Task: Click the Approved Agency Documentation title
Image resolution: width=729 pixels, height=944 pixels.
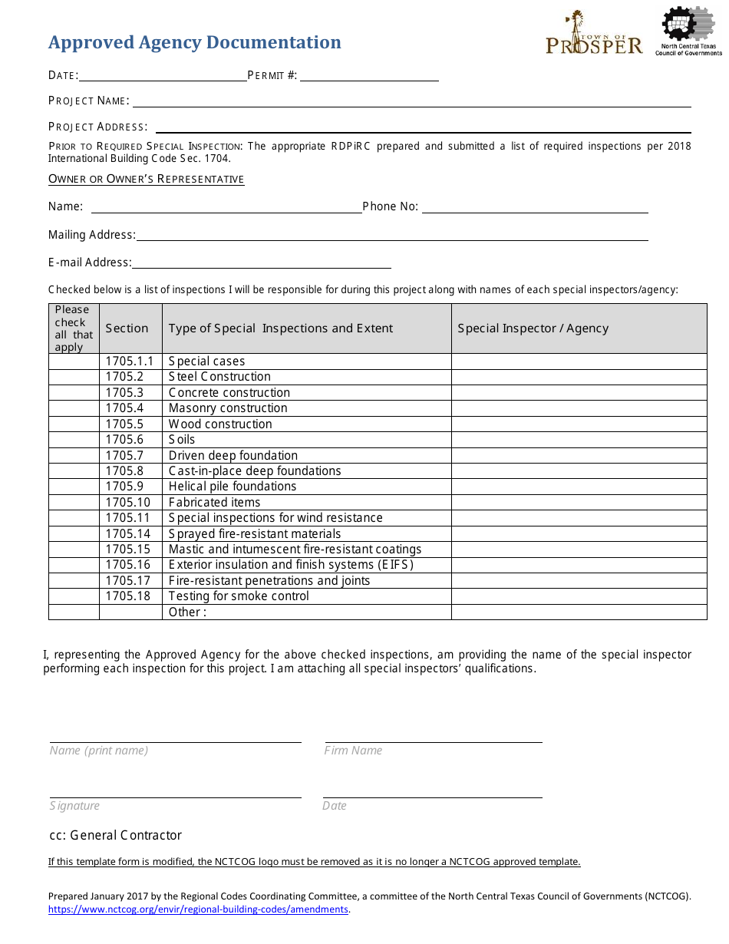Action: [x=194, y=42]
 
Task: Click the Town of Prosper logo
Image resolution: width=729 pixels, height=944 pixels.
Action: [x=594, y=34]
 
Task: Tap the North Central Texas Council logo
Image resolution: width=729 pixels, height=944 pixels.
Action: [x=688, y=31]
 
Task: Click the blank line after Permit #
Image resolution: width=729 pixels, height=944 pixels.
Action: [x=369, y=75]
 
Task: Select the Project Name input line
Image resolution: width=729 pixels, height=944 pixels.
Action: [x=411, y=101]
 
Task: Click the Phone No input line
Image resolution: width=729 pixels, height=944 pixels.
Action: [x=535, y=206]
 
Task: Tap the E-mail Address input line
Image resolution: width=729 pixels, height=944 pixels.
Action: [x=261, y=262]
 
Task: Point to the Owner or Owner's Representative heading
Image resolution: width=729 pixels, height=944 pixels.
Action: [x=146, y=179]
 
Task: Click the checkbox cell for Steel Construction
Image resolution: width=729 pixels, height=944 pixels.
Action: [x=74, y=377]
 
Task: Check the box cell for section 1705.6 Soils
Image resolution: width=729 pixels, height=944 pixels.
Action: [x=74, y=440]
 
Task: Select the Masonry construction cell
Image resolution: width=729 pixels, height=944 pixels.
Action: [x=228, y=408]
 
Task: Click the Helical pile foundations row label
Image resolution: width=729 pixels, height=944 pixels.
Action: [x=232, y=487]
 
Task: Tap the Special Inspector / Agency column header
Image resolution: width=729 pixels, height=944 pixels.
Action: [x=533, y=328]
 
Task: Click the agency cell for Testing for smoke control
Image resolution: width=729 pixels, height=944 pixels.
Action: [x=579, y=596]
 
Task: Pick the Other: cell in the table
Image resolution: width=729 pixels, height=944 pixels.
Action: [x=187, y=612]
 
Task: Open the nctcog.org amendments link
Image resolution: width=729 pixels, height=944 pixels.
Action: [x=198, y=909]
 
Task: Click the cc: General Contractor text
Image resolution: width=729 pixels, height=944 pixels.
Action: [x=115, y=835]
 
